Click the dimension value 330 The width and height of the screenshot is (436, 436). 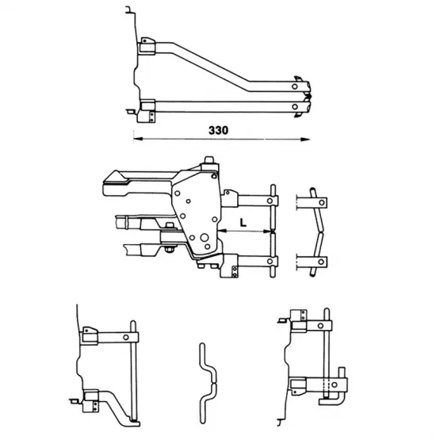coord(218,130)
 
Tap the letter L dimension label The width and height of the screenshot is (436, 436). coord(243,223)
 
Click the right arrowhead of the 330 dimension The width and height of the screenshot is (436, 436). coord(305,139)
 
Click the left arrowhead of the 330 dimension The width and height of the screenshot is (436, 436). coord(138,139)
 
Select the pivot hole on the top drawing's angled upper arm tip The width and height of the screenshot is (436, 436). coord(295,86)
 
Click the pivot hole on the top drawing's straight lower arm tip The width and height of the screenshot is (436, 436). coord(295,106)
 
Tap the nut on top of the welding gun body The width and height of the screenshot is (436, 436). coord(209,160)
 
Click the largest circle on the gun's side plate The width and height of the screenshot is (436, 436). coord(205,238)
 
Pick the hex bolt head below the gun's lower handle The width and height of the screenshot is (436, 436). coord(169,249)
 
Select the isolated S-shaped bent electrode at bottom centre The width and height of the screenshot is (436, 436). coord(208,383)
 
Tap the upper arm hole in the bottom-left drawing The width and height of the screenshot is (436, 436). coord(126,337)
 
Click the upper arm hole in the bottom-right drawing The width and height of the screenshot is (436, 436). coord(320,326)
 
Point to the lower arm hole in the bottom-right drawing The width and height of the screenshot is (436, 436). coord(335,384)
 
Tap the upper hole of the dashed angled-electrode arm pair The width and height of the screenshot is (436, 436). coord(322,203)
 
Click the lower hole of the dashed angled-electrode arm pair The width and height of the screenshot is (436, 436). coord(321,262)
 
